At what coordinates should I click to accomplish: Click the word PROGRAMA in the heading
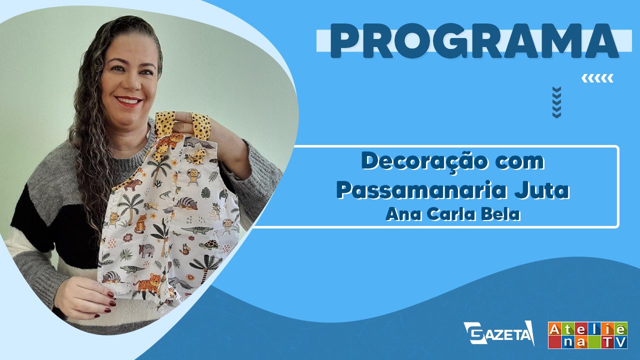pos(474,41)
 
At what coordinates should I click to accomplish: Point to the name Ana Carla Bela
pos(453,214)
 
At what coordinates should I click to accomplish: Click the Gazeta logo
pos(499,333)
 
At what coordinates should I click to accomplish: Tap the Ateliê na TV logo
pos(587,335)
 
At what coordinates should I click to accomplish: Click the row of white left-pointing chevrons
pos(597,78)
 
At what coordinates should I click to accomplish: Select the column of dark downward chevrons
pos(557,102)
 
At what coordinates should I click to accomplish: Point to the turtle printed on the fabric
pos(209,244)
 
